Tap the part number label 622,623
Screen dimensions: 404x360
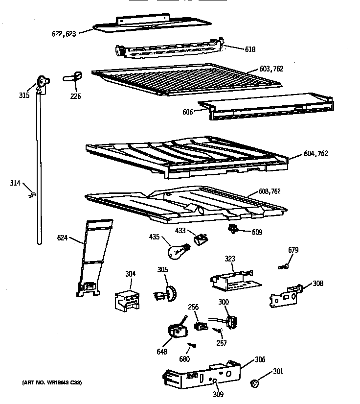[64, 34]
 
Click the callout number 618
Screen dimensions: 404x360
[250, 49]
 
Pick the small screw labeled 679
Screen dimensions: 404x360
[283, 266]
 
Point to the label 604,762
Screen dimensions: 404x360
[316, 153]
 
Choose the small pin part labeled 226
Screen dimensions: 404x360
[73, 76]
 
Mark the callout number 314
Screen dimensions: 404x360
[15, 183]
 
